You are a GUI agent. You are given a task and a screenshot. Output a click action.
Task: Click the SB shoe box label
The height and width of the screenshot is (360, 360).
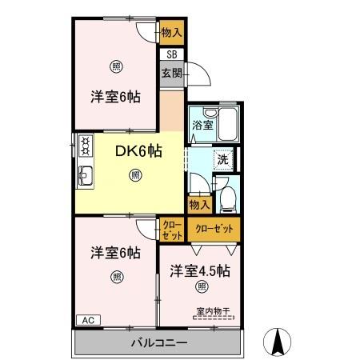pyautogui.click(x=171, y=55)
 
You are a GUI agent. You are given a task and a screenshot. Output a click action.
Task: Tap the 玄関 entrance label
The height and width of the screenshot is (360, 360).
pyautogui.click(x=171, y=73)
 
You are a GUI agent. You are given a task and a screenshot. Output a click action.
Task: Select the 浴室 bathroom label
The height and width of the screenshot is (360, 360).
pyautogui.click(x=202, y=125)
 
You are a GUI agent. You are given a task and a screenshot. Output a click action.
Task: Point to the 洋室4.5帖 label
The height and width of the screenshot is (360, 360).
pyautogui.click(x=200, y=271)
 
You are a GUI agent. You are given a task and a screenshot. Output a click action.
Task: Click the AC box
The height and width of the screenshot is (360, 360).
pyautogui.click(x=87, y=320)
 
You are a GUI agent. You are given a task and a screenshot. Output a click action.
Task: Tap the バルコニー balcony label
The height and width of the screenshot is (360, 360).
pyautogui.click(x=159, y=342)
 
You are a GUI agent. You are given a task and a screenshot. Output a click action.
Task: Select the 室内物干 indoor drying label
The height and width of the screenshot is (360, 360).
pyautogui.click(x=210, y=312)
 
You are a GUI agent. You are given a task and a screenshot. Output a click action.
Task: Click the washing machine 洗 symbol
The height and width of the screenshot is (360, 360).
pyautogui.click(x=224, y=158)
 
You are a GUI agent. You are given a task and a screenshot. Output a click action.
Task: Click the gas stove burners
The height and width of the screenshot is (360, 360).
pyautogui.click(x=84, y=146)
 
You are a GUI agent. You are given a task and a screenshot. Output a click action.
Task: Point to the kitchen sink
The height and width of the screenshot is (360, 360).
pyautogui.click(x=85, y=175)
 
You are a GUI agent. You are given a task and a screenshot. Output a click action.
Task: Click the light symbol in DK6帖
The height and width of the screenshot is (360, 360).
pyautogui.click(x=134, y=174)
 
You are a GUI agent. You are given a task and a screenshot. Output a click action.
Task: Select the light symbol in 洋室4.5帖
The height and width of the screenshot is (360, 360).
pyautogui.click(x=201, y=287)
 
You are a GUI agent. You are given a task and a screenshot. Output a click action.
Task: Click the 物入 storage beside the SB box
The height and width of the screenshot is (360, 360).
pyautogui.click(x=171, y=33)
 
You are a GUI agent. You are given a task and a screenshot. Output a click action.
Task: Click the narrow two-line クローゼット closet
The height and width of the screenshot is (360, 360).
pyautogui.click(x=171, y=230)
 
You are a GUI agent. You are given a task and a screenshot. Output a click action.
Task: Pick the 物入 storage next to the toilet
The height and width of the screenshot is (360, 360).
pyautogui.click(x=200, y=205)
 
